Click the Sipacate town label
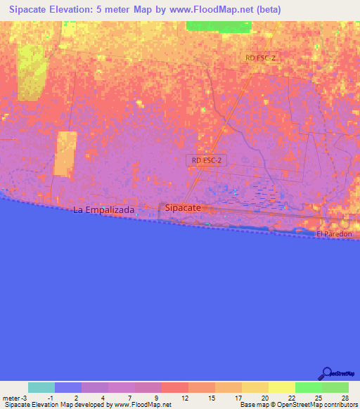coord(183,208)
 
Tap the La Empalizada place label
coord(104,209)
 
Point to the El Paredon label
coord(333,234)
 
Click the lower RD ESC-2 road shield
coord(207,160)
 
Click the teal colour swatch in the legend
coord(41,387)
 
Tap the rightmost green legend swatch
coord(335,387)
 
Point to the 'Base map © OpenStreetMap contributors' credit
coord(297,405)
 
